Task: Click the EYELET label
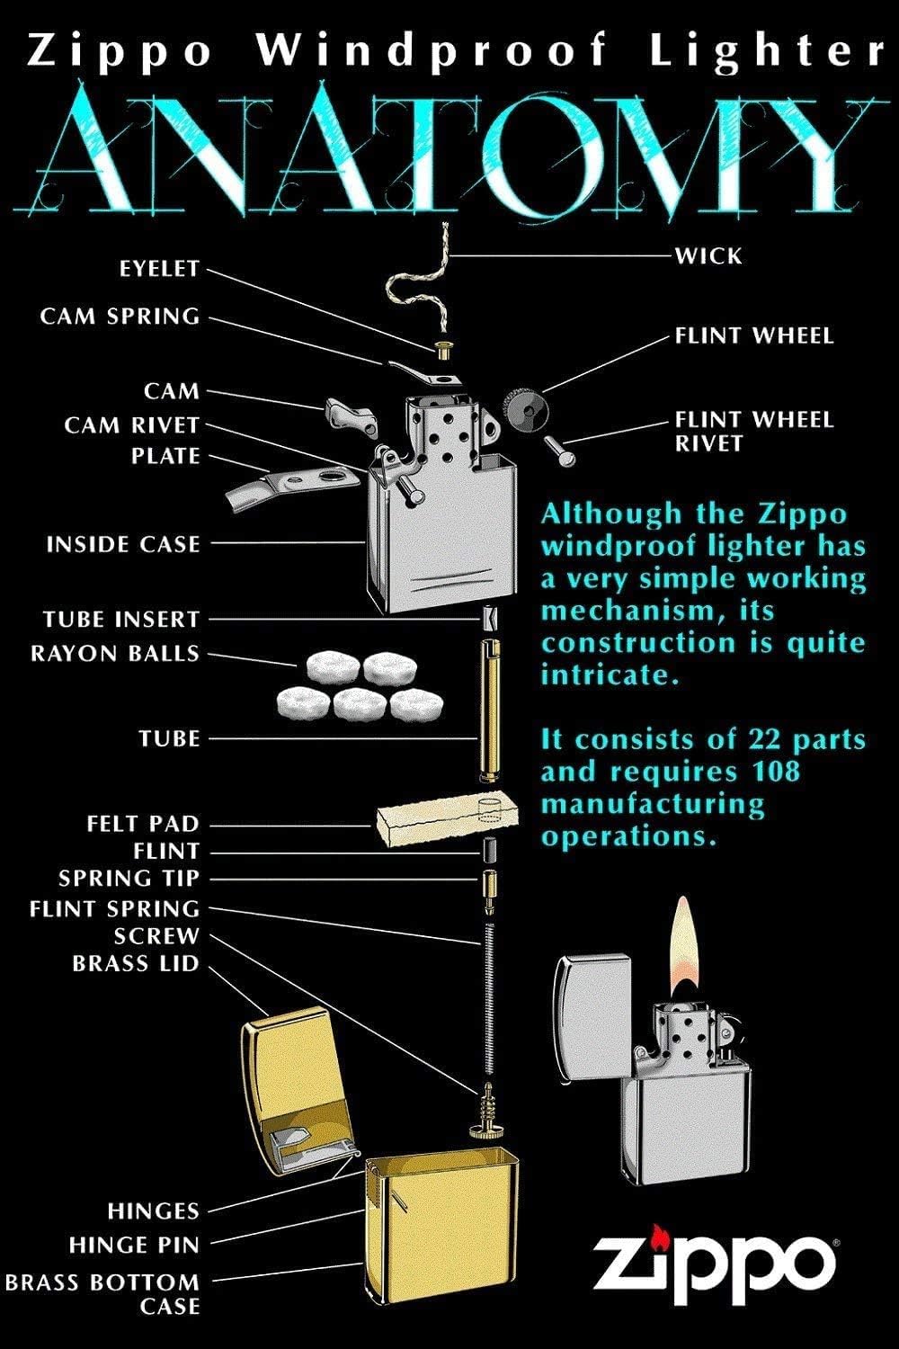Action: pyautogui.click(x=158, y=269)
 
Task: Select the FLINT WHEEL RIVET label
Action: pyautogui.click(x=753, y=431)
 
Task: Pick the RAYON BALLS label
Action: pyautogui.click(x=115, y=654)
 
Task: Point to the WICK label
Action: pyautogui.click(x=709, y=255)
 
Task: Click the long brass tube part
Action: pyautogui.click(x=490, y=710)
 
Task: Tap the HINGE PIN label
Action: pyautogui.click(x=134, y=1246)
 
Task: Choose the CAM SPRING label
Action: pyautogui.click(x=120, y=317)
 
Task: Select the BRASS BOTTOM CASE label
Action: pyautogui.click(x=102, y=1293)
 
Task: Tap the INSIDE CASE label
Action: pyautogui.click(x=123, y=544)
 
